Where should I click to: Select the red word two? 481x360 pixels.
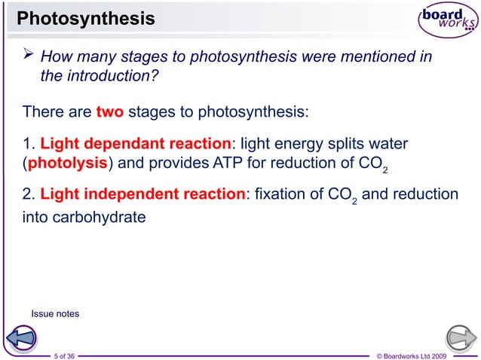tap(110, 113)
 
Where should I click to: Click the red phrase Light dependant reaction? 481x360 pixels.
tap(136, 144)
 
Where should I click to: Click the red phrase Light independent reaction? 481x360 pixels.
tap(142, 194)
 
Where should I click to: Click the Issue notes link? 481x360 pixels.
tap(54, 313)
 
